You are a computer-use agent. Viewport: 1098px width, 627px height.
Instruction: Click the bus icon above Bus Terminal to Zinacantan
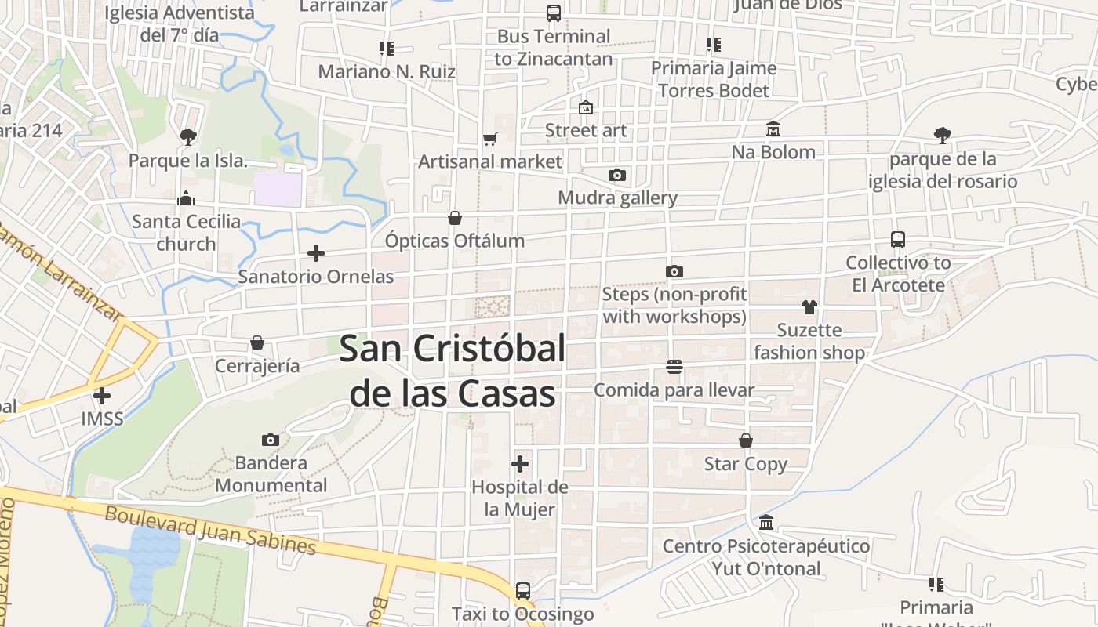(x=554, y=13)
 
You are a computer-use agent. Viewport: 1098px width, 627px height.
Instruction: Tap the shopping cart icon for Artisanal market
(x=490, y=139)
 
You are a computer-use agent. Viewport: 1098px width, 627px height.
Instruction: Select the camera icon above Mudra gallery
(x=617, y=175)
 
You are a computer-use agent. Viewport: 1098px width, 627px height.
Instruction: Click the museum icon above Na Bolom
(x=773, y=129)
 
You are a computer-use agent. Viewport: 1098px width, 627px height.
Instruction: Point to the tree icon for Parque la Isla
(x=187, y=137)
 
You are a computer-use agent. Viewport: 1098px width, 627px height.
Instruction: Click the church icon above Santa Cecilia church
(x=186, y=198)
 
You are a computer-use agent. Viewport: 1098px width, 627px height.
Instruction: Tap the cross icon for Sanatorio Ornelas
(x=316, y=253)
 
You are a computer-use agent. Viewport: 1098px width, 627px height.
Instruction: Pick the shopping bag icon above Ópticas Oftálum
(x=455, y=217)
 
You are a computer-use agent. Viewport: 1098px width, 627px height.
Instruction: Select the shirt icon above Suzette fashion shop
(x=809, y=306)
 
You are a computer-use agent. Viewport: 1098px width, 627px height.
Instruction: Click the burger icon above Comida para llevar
(x=674, y=366)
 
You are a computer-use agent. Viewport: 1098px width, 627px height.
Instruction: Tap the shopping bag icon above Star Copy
(x=746, y=440)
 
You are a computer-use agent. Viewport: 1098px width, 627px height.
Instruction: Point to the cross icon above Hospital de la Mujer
(x=519, y=463)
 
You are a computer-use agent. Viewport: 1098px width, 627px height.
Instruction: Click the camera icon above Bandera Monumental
(x=271, y=440)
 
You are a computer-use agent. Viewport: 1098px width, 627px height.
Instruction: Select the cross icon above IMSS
(x=102, y=396)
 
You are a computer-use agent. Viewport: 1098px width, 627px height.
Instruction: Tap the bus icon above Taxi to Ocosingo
(x=523, y=590)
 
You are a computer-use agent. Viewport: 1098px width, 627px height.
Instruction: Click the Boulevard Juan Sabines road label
(x=210, y=530)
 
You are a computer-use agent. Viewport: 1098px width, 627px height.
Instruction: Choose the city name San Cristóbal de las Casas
(x=453, y=371)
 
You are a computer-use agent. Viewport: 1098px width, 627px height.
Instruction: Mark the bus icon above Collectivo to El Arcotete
(x=898, y=240)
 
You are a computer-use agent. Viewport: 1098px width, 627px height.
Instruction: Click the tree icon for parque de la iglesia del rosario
(x=943, y=136)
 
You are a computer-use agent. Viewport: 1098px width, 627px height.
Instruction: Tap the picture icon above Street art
(x=586, y=107)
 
